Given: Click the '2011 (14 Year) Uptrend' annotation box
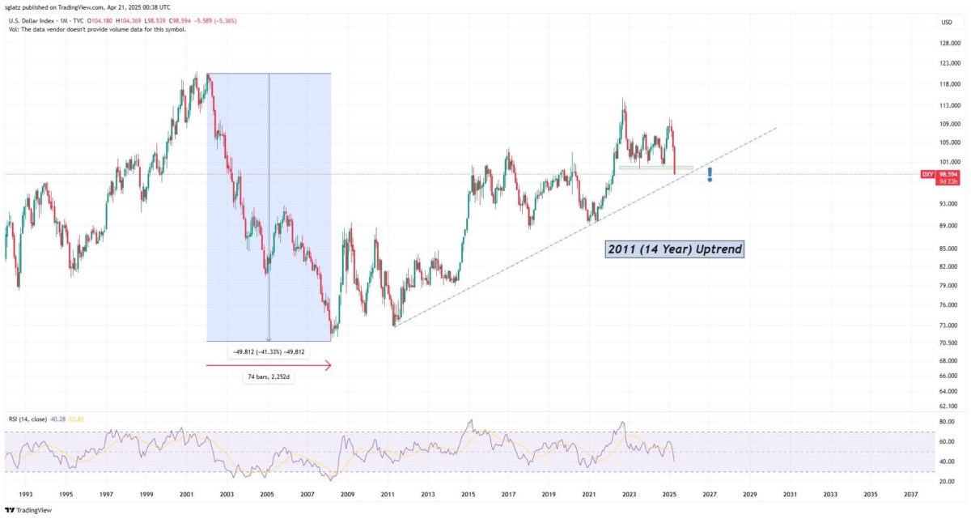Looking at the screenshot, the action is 675,249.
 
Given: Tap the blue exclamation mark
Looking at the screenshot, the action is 710,175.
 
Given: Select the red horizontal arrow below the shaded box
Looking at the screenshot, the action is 269,365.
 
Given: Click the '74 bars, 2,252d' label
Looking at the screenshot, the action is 269,376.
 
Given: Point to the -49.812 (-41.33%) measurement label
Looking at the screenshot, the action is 269,351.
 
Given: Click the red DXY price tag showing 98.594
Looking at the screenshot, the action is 940,177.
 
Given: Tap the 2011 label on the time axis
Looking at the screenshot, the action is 388,494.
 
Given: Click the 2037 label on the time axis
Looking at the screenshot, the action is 911,494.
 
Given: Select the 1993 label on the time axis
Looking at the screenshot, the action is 26,494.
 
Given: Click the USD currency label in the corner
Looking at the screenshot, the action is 947,22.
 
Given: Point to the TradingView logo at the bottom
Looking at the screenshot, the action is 28,510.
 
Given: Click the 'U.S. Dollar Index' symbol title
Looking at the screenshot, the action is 32,20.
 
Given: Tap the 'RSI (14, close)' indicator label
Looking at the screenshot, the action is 28,419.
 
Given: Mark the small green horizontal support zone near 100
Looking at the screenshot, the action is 656,168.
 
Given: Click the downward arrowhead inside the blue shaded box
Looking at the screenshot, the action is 269,339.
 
